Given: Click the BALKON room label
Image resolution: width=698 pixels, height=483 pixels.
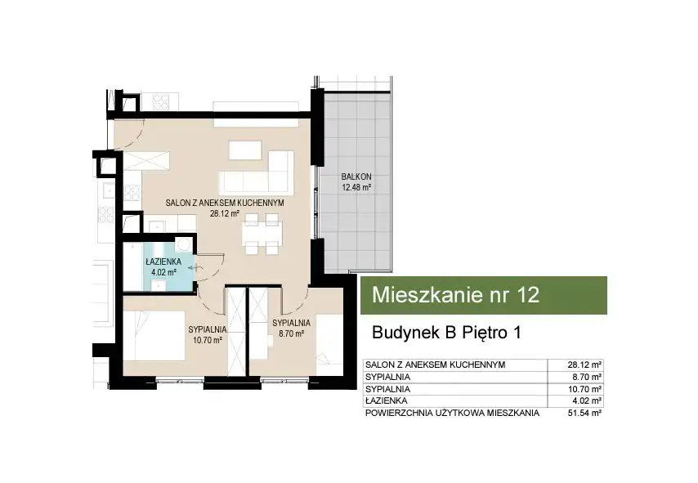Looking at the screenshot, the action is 356,177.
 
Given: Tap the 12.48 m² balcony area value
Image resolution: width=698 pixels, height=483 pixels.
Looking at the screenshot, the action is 356,187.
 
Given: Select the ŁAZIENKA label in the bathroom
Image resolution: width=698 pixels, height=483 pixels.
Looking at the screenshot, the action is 163,262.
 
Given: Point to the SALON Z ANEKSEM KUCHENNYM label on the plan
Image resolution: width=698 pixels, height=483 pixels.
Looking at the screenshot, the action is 225,203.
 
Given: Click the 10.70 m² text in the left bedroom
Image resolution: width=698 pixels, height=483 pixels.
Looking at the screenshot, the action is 208,341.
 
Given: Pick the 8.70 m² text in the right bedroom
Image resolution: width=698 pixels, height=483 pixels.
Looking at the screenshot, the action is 291,333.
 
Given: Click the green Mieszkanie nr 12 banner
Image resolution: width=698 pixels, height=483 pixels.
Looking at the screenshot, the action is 483,295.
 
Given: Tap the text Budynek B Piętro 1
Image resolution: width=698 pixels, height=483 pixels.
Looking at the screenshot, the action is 446,333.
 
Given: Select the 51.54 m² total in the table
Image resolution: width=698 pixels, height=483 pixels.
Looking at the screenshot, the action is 584,413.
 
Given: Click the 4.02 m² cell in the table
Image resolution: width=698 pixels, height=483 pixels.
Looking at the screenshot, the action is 587,400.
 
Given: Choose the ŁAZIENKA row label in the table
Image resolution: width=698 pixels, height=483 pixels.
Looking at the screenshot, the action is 386,400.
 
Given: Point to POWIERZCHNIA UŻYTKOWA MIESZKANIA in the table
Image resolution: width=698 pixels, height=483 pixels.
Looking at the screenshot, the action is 452,413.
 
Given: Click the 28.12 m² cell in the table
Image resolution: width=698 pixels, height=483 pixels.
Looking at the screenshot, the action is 584,364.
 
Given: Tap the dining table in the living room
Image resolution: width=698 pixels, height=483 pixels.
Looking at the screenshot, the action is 262,234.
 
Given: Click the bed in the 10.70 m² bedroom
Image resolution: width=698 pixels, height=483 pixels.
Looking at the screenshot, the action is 154,336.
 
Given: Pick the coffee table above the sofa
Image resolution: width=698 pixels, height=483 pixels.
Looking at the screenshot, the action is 245,150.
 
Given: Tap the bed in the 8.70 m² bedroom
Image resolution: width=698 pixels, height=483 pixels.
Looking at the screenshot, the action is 329,340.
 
